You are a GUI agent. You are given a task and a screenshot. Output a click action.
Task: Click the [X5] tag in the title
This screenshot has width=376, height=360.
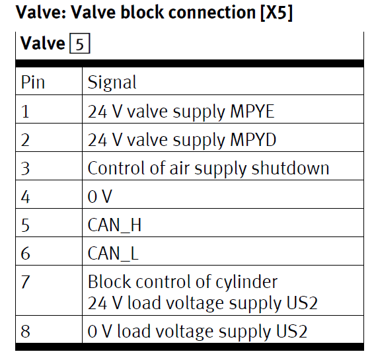pos(276,13)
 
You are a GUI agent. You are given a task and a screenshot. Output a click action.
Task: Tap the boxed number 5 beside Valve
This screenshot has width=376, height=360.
pos(80,44)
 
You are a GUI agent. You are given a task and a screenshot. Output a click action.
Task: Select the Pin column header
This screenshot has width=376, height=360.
pos(33,82)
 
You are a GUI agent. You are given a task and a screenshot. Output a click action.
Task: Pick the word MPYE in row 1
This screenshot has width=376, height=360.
pos(252,112)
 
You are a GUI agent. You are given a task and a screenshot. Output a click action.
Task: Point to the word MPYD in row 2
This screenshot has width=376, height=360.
pos(253,140)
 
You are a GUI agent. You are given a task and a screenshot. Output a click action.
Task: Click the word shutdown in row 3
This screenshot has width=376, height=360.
pos(290,168)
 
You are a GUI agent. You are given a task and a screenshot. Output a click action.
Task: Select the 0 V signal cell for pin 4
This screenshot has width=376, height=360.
pos(100,197)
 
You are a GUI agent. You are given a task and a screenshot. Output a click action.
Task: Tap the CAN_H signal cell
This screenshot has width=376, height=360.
pos(114,225)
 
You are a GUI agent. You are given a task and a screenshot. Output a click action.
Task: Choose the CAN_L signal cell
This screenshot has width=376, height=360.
pos(113,254)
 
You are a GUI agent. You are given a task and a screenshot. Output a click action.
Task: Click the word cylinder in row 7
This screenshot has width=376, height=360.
pos(246,282)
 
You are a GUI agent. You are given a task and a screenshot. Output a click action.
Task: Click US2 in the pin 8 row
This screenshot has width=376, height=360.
pos(291,332)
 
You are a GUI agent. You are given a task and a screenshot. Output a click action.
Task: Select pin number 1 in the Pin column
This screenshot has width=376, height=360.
pos(25,112)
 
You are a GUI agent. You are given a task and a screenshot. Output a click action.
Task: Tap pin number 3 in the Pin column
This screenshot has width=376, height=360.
pos(25,168)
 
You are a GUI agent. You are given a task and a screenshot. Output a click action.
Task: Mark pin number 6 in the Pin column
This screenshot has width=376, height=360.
pos(25,254)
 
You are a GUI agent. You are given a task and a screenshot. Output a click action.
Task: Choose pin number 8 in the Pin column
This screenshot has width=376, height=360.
pos(25,332)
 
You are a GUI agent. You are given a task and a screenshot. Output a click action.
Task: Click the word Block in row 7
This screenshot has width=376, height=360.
pos(109,281)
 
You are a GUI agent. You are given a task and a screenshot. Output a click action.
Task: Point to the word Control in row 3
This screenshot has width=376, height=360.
pos(117,168)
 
